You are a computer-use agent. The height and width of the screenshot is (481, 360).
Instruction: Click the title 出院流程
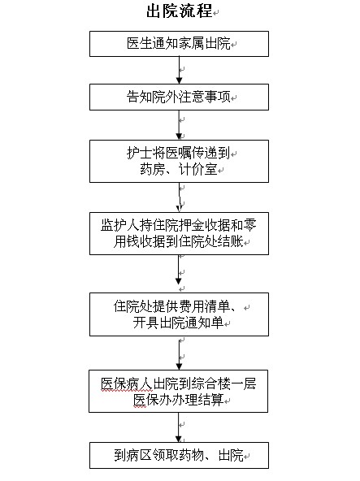pos(180,11)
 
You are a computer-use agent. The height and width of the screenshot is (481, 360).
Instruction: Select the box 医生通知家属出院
pos(180,44)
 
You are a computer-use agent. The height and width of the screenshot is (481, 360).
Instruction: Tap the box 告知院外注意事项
pos(180,97)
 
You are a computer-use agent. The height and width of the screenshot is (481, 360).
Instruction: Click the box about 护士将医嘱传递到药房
pos(180,162)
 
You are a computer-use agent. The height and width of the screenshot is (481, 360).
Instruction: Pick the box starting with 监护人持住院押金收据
pos(180,233)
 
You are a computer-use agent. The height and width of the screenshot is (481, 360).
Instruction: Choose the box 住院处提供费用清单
pos(180,314)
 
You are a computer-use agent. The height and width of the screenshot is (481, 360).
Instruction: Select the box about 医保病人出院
pos(178,391)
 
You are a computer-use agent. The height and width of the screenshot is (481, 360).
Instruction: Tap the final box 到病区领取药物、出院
pos(180,455)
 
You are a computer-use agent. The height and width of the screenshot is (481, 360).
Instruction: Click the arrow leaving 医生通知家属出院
pos(180,70)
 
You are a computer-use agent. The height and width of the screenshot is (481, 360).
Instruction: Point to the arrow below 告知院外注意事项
pos(180,125)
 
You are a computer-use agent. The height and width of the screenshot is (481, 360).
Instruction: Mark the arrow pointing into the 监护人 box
pos(180,197)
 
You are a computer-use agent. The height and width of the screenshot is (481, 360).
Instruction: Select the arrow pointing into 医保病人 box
pos(180,353)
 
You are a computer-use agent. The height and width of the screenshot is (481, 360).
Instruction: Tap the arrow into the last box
pos(178,427)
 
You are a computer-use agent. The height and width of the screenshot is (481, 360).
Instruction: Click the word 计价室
pos(198,169)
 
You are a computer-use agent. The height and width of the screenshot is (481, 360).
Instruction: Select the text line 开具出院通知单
pos(178,323)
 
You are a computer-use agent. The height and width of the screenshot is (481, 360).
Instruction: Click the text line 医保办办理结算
pos(178,400)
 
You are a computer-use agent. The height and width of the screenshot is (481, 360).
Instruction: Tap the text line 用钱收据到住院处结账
pos(179,242)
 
